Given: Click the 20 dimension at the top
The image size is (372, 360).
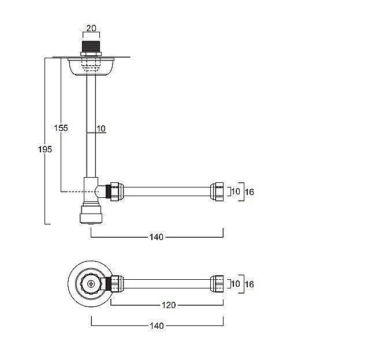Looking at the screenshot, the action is tap(91, 28).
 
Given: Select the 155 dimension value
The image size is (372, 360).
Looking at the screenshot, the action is tap(61, 128).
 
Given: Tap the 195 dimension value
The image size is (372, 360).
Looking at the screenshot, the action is tap(45, 149).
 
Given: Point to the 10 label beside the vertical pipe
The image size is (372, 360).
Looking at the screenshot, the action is tap(101, 129).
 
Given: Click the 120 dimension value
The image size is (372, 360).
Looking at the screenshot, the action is tap(169, 305).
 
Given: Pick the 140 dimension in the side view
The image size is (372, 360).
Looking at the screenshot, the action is tap(157, 237).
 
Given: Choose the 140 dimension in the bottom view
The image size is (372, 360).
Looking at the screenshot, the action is tap(157, 326).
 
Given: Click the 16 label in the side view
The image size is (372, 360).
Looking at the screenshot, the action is tap(250, 192).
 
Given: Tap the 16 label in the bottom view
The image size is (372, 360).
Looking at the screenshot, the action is tap(250, 284).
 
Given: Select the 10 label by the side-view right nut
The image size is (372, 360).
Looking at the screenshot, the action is tap(236, 192).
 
